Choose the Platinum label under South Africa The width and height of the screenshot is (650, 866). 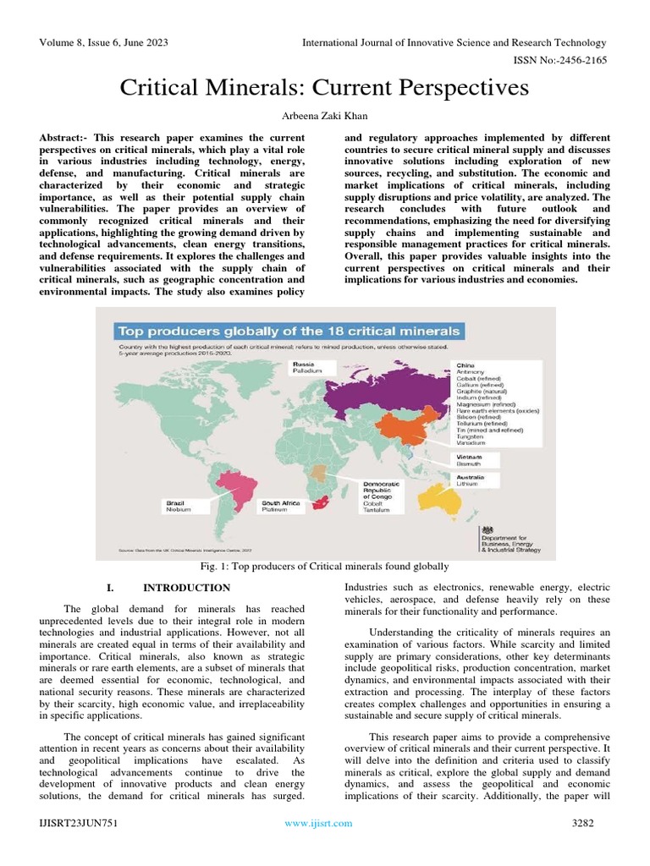(275, 510)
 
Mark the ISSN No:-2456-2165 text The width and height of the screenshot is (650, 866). (560, 60)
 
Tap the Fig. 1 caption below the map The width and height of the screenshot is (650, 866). (325, 566)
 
